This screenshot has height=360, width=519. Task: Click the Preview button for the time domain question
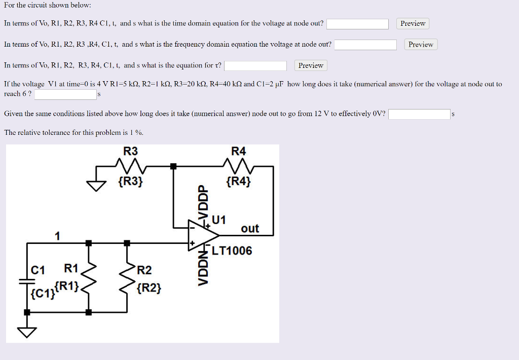(x=413, y=23)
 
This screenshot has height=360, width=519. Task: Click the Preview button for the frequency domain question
(x=421, y=45)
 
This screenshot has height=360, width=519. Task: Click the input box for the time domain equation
(x=357, y=24)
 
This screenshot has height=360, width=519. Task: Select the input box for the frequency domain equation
(x=365, y=45)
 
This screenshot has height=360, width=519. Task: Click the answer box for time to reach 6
(x=65, y=94)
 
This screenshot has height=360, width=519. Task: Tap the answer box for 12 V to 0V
(x=419, y=114)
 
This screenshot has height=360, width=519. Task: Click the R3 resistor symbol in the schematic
(x=131, y=165)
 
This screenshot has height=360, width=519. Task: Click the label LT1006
(x=232, y=251)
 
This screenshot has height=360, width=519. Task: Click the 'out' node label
(x=250, y=229)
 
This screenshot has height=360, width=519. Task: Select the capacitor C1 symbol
(x=27, y=282)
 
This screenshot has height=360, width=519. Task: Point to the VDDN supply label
(x=203, y=269)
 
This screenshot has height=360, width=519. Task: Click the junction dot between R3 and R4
(x=173, y=166)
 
